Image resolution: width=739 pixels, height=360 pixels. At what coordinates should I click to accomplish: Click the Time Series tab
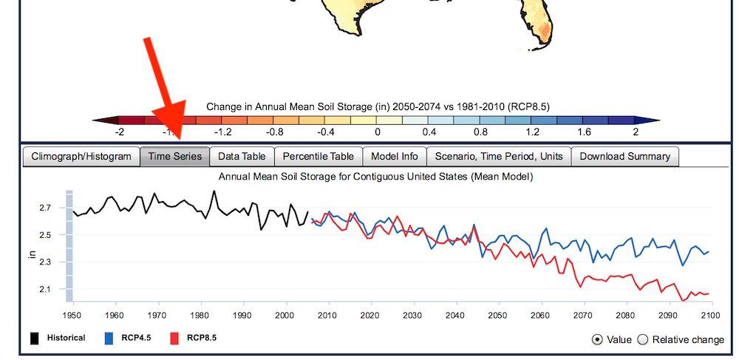pyautogui.click(x=175, y=157)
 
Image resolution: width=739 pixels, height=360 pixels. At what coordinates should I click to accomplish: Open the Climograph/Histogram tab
pyautogui.click(x=81, y=157)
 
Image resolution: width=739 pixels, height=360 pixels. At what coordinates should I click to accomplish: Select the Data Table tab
pyautogui.click(x=242, y=157)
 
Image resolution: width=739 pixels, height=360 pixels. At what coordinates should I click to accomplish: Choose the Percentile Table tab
pyautogui.click(x=318, y=157)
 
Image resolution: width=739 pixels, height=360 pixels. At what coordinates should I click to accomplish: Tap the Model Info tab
pyautogui.click(x=395, y=157)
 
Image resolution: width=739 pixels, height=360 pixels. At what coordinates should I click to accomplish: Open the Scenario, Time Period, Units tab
pyautogui.click(x=499, y=157)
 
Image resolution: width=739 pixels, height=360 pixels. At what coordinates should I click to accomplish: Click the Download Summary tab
pyautogui.click(x=625, y=157)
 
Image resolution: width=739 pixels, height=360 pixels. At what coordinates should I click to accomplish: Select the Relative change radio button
pyautogui.click(x=643, y=340)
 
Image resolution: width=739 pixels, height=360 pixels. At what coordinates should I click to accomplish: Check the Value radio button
pyautogui.click(x=597, y=340)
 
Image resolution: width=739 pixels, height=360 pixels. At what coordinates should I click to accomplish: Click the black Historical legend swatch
pyautogui.click(x=35, y=338)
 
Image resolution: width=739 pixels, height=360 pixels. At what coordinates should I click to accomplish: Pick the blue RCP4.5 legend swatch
pyautogui.click(x=109, y=338)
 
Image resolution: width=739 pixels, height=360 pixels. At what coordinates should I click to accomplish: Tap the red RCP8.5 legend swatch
pyautogui.click(x=174, y=338)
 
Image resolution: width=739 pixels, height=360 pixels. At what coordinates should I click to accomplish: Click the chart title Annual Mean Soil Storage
pyautogui.click(x=375, y=177)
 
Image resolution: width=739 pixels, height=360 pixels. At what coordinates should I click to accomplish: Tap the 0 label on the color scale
pyautogui.click(x=377, y=132)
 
